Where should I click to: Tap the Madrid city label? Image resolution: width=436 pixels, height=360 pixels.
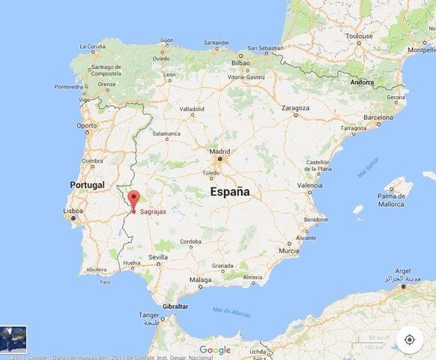pyautogui.click(x=219, y=151)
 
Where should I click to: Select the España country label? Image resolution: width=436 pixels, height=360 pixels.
pyautogui.click(x=228, y=192)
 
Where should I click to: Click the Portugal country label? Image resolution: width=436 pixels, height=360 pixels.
pyautogui.click(x=88, y=184)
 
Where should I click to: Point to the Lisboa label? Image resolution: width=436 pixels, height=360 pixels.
pyautogui.click(x=73, y=211)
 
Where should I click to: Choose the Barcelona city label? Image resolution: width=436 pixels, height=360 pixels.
pyautogui.click(x=378, y=117)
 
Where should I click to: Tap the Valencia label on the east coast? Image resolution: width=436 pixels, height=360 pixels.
pyautogui.click(x=309, y=184)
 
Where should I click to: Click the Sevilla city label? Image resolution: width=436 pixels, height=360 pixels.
pyautogui.click(x=158, y=257)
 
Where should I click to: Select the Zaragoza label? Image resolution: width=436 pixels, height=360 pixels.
pyautogui.click(x=295, y=107)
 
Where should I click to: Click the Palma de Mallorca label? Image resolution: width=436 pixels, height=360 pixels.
pyautogui.click(x=391, y=199)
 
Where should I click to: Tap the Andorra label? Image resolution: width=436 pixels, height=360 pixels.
pyautogui.click(x=362, y=82)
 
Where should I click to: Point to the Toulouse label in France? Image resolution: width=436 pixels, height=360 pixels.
pyautogui.click(x=359, y=35)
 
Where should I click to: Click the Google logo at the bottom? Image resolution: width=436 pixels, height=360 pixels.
pyautogui.click(x=215, y=349)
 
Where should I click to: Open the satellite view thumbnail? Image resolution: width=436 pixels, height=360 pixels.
pyautogui.click(x=13, y=340)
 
